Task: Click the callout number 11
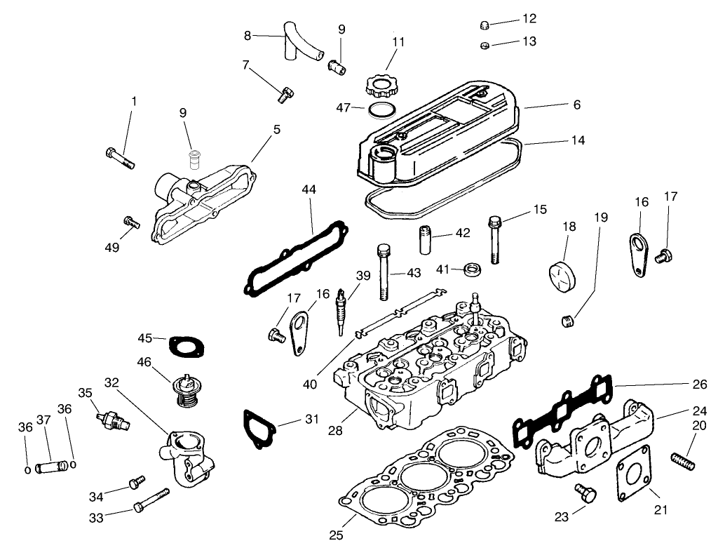[398, 41]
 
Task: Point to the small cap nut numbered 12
[483, 25]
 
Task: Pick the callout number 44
[309, 190]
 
